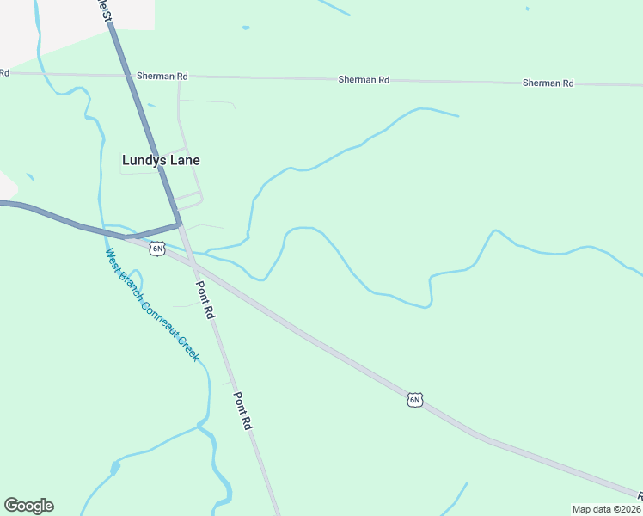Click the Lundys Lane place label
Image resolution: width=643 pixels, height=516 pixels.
tap(161, 160)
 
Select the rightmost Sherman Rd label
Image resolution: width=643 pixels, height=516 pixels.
tap(548, 83)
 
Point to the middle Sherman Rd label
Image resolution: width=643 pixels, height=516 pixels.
tap(364, 80)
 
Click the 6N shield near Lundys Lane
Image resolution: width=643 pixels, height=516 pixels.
tap(156, 249)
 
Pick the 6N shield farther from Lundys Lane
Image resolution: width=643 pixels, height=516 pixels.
tap(415, 400)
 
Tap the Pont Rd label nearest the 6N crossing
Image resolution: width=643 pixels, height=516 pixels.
tap(205, 301)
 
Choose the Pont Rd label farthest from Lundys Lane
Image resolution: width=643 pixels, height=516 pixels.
tap(244, 412)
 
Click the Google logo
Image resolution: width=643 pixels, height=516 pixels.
tap(28, 506)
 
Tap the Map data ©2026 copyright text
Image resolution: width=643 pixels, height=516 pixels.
tap(606, 509)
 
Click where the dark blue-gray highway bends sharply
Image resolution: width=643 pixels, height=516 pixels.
tap(180, 224)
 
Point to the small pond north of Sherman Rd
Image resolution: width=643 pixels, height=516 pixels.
tap(246, 28)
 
